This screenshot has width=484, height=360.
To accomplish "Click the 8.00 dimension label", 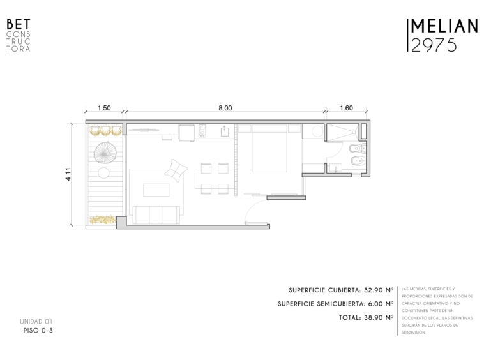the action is click(x=225, y=108).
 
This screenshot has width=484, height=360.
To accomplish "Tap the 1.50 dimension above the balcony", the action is click(x=104, y=108).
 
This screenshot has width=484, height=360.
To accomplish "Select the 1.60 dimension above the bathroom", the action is click(x=346, y=108).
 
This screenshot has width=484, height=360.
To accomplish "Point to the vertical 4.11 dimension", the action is click(x=68, y=174).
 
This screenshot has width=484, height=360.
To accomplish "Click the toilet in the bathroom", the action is click(x=356, y=149).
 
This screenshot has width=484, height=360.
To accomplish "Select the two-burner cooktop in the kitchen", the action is click(x=202, y=130).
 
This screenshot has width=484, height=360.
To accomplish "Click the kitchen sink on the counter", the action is click(x=225, y=131).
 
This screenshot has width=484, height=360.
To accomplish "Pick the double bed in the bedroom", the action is click(x=269, y=148).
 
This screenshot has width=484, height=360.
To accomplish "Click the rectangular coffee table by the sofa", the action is click(x=156, y=190).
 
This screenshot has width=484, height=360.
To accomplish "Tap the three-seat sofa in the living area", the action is click(x=156, y=214).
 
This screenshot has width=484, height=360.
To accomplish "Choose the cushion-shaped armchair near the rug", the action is click(x=176, y=170).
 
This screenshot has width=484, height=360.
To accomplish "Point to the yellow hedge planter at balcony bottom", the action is click(x=103, y=220).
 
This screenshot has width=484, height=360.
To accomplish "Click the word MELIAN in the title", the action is click(x=444, y=26).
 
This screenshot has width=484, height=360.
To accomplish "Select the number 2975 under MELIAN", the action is click(x=434, y=45).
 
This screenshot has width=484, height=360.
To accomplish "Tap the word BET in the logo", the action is click(x=19, y=24).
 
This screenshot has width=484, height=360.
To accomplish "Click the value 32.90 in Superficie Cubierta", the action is click(x=373, y=290).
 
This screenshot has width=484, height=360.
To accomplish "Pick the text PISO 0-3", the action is click(x=38, y=331).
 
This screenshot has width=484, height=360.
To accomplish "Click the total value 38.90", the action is click(x=373, y=317).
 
